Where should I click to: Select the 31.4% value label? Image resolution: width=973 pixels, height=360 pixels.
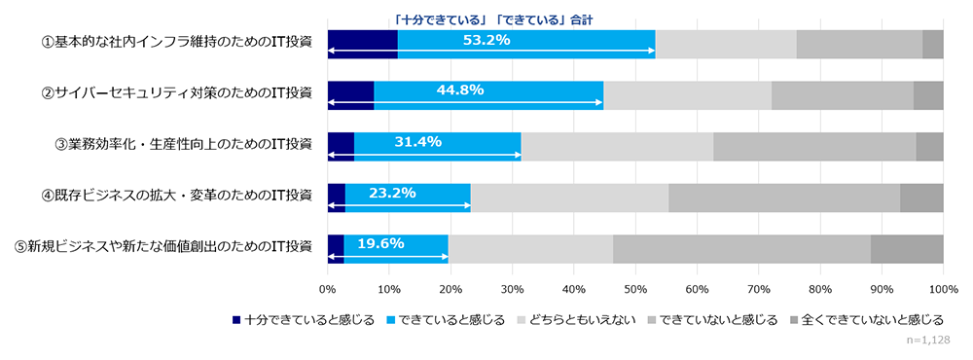417,141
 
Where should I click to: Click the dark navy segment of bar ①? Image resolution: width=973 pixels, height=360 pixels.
363,45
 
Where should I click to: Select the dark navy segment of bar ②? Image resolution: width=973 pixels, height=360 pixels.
350,95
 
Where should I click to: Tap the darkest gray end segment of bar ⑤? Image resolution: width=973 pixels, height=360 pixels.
907,249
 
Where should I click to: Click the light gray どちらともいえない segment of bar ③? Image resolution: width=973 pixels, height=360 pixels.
617,146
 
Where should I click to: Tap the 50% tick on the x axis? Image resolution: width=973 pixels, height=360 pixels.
635,289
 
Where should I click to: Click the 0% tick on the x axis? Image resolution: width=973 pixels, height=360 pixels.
328,289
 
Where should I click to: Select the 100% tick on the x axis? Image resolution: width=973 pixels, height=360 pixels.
943,289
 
